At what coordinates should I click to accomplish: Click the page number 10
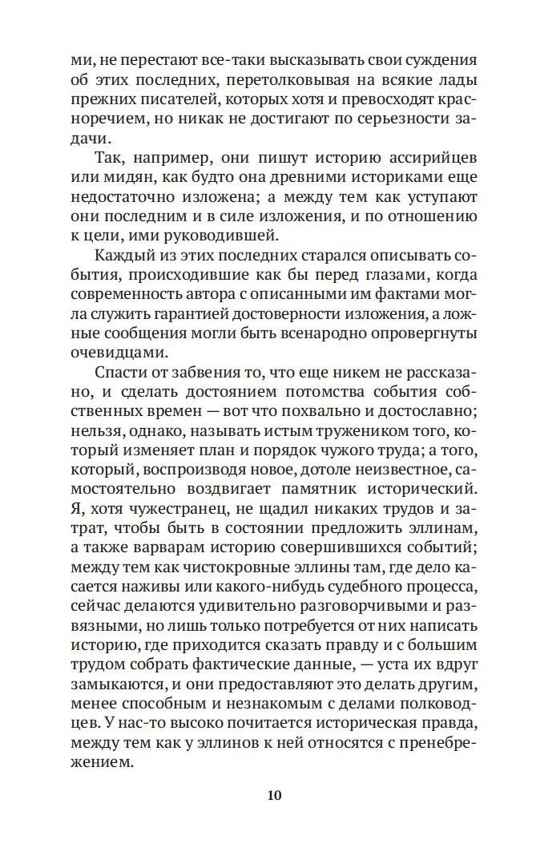pos(272,795)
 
